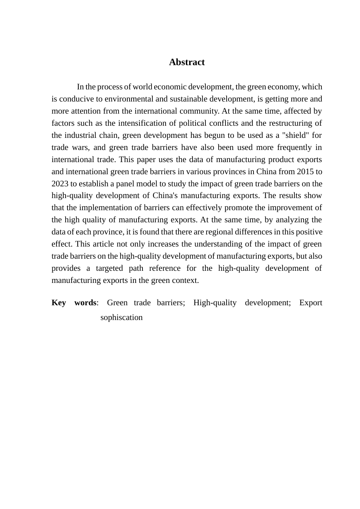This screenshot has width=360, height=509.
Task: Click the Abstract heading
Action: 186,62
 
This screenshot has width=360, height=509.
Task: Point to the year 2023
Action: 60,184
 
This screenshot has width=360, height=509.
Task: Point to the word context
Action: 186,280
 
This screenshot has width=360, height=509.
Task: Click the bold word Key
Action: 59,303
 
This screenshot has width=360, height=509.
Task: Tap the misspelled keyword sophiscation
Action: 121,317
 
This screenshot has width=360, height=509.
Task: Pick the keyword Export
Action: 310,303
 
